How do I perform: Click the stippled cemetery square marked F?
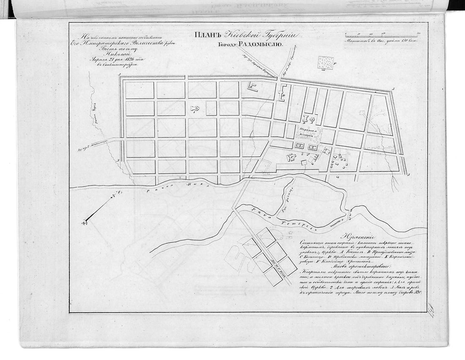pyautogui.click(x=325, y=63)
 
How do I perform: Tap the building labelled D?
pyautogui.click(x=283, y=93)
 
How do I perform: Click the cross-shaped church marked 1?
pyautogui.click(x=195, y=109)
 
